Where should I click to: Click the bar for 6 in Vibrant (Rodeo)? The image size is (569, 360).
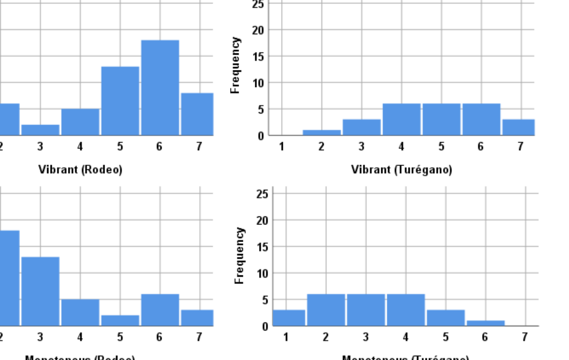coord(160,88)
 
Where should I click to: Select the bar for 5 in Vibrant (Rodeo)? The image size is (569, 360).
coord(120,101)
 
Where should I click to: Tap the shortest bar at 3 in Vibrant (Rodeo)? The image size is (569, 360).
coord(40,130)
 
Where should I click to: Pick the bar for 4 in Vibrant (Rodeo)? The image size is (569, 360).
coord(80,122)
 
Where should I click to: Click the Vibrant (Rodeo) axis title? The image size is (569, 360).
coord(80,170)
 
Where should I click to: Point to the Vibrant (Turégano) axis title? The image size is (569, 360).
coord(401,170)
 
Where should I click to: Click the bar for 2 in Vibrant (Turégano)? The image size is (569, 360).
coord(322,133)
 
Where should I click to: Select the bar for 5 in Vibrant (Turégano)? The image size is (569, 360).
coord(441,119)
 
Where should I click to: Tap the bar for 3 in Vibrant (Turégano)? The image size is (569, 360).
coord(362,127)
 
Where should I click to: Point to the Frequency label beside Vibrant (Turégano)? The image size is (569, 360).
coord(234,66)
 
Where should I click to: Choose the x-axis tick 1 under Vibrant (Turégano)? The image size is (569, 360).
coord(281,146)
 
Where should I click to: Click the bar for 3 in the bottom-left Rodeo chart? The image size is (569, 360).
coord(40,291)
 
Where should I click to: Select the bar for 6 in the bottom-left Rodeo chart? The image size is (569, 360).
coord(160,310)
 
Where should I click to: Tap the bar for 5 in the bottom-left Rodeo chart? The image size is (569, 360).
coord(120,320)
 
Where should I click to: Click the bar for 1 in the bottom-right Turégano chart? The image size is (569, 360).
coord(289,318)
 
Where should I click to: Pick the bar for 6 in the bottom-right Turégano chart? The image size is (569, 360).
coord(485,323)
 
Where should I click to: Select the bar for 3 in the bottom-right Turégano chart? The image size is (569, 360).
coord(366,310)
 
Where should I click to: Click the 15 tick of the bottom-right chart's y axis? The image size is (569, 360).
coord(263,247)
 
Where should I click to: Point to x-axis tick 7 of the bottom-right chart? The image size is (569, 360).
coord(524,337)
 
